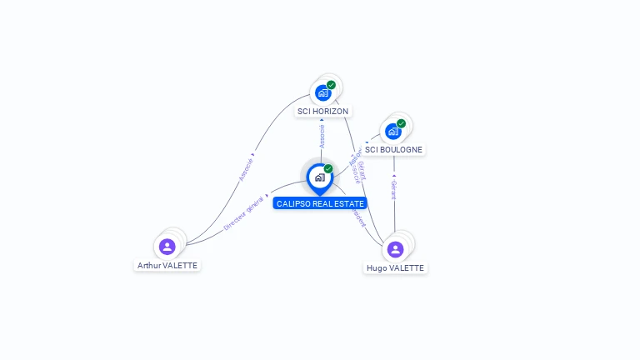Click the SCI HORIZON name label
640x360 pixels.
pos(323,111)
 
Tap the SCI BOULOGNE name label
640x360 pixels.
pos(393,150)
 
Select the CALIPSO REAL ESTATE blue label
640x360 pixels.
pos(320,203)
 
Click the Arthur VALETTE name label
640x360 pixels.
pos(167,265)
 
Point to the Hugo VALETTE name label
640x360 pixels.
pos(395,267)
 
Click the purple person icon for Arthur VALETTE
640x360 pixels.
pos(167,247)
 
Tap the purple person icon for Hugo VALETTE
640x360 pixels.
pos(395,249)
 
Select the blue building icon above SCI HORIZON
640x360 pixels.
pos(323,93)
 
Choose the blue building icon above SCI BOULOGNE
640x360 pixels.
pos(393,132)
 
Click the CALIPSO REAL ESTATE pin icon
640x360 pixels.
pos(319,177)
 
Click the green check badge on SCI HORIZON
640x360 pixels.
pos(331,85)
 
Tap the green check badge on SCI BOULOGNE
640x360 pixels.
pos(401,124)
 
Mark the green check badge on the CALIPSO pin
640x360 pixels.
pos(328,169)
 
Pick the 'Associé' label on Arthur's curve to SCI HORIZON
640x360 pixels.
pos(246,167)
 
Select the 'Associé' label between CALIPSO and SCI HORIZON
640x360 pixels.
pos(322,136)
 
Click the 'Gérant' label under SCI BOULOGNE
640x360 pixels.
pos(393,189)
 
